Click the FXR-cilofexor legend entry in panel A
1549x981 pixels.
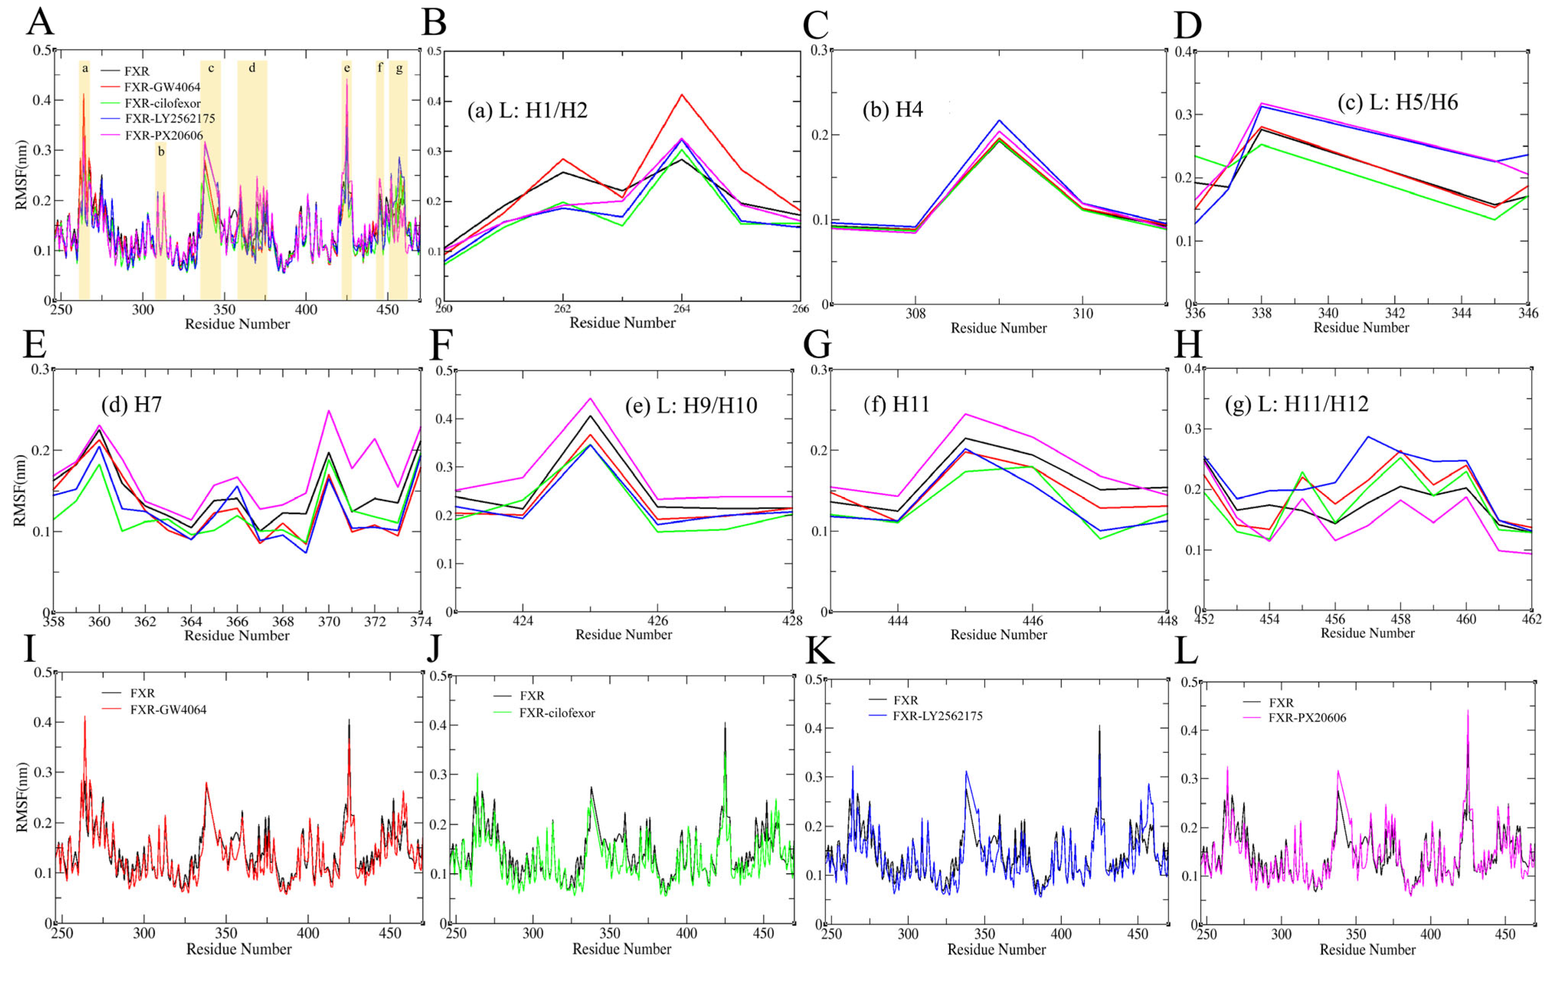pyautogui.click(x=162, y=103)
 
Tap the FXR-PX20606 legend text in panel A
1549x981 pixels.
pyautogui.click(x=164, y=136)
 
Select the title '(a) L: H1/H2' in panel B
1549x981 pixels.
pyautogui.click(x=527, y=111)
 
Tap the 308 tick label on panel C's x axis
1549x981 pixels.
pyautogui.click(x=915, y=314)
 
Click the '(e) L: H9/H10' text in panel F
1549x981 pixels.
pyautogui.click(x=691, y=405)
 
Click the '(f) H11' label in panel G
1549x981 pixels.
pyautogui.click(x=896, y=405)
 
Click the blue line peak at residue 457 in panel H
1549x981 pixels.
pyautogui.click(x=1367, y=437)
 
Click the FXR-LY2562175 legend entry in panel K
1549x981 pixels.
pyautogui.click(x=937, y=716)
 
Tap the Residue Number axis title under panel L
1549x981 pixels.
pyautogui.click(x=1367, y=950)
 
